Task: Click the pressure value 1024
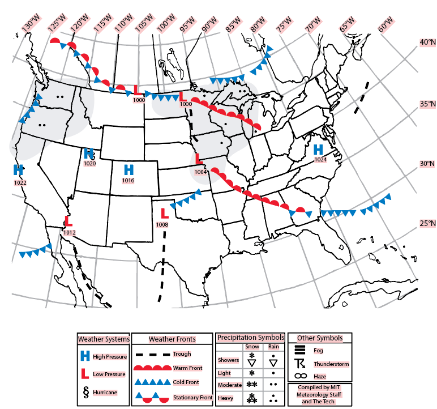[x=320, y=160]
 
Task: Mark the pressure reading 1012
[x=69, y=232]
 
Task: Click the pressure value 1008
[x=162, y=225]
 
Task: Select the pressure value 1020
[x=89, y=164]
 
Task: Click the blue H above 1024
[x=318, y=149]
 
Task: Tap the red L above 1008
[x=165, y=214]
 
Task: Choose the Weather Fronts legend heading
[x=172, y=339]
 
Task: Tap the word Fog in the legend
[x=318, y=351]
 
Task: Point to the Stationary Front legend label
[x=192, y=398]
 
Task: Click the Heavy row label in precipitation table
[x=226, y=398]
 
